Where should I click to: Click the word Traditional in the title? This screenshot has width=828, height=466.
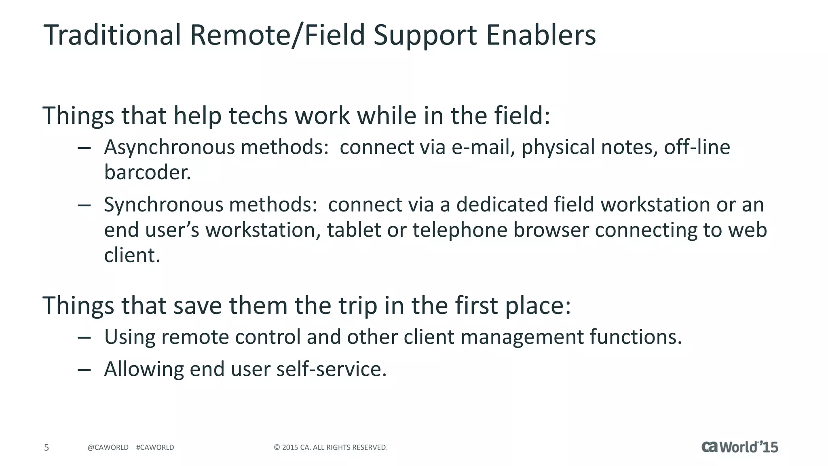pyautogui.click(x=112, y=35)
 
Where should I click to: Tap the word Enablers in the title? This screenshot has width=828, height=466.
pyautogui.click(x=541, y=35)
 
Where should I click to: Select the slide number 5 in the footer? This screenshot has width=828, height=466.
pyautogui.click(x=46, y=447)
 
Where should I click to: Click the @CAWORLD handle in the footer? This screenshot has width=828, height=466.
pyautogui.click(x=108, y=447)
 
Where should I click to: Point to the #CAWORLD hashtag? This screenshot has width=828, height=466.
pyautogui.click(x=155, y=447)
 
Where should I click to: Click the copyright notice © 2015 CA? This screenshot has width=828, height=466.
pyautogui.click(x=331, y=447)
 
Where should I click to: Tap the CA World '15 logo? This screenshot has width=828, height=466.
pyautogui.click(x=739, y=447)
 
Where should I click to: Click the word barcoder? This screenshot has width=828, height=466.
pyautogui.click(x=147, y=173)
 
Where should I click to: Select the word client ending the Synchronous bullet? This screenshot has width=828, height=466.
pyautogui.click(x=132, y=256)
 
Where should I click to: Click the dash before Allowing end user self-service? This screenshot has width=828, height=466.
pyautogui.click(x=84, y=370)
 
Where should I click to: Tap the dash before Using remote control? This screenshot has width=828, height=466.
pyautogui.click(x=84, y=337)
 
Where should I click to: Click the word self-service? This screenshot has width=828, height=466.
pyautogui.click(x=331, y=369)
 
